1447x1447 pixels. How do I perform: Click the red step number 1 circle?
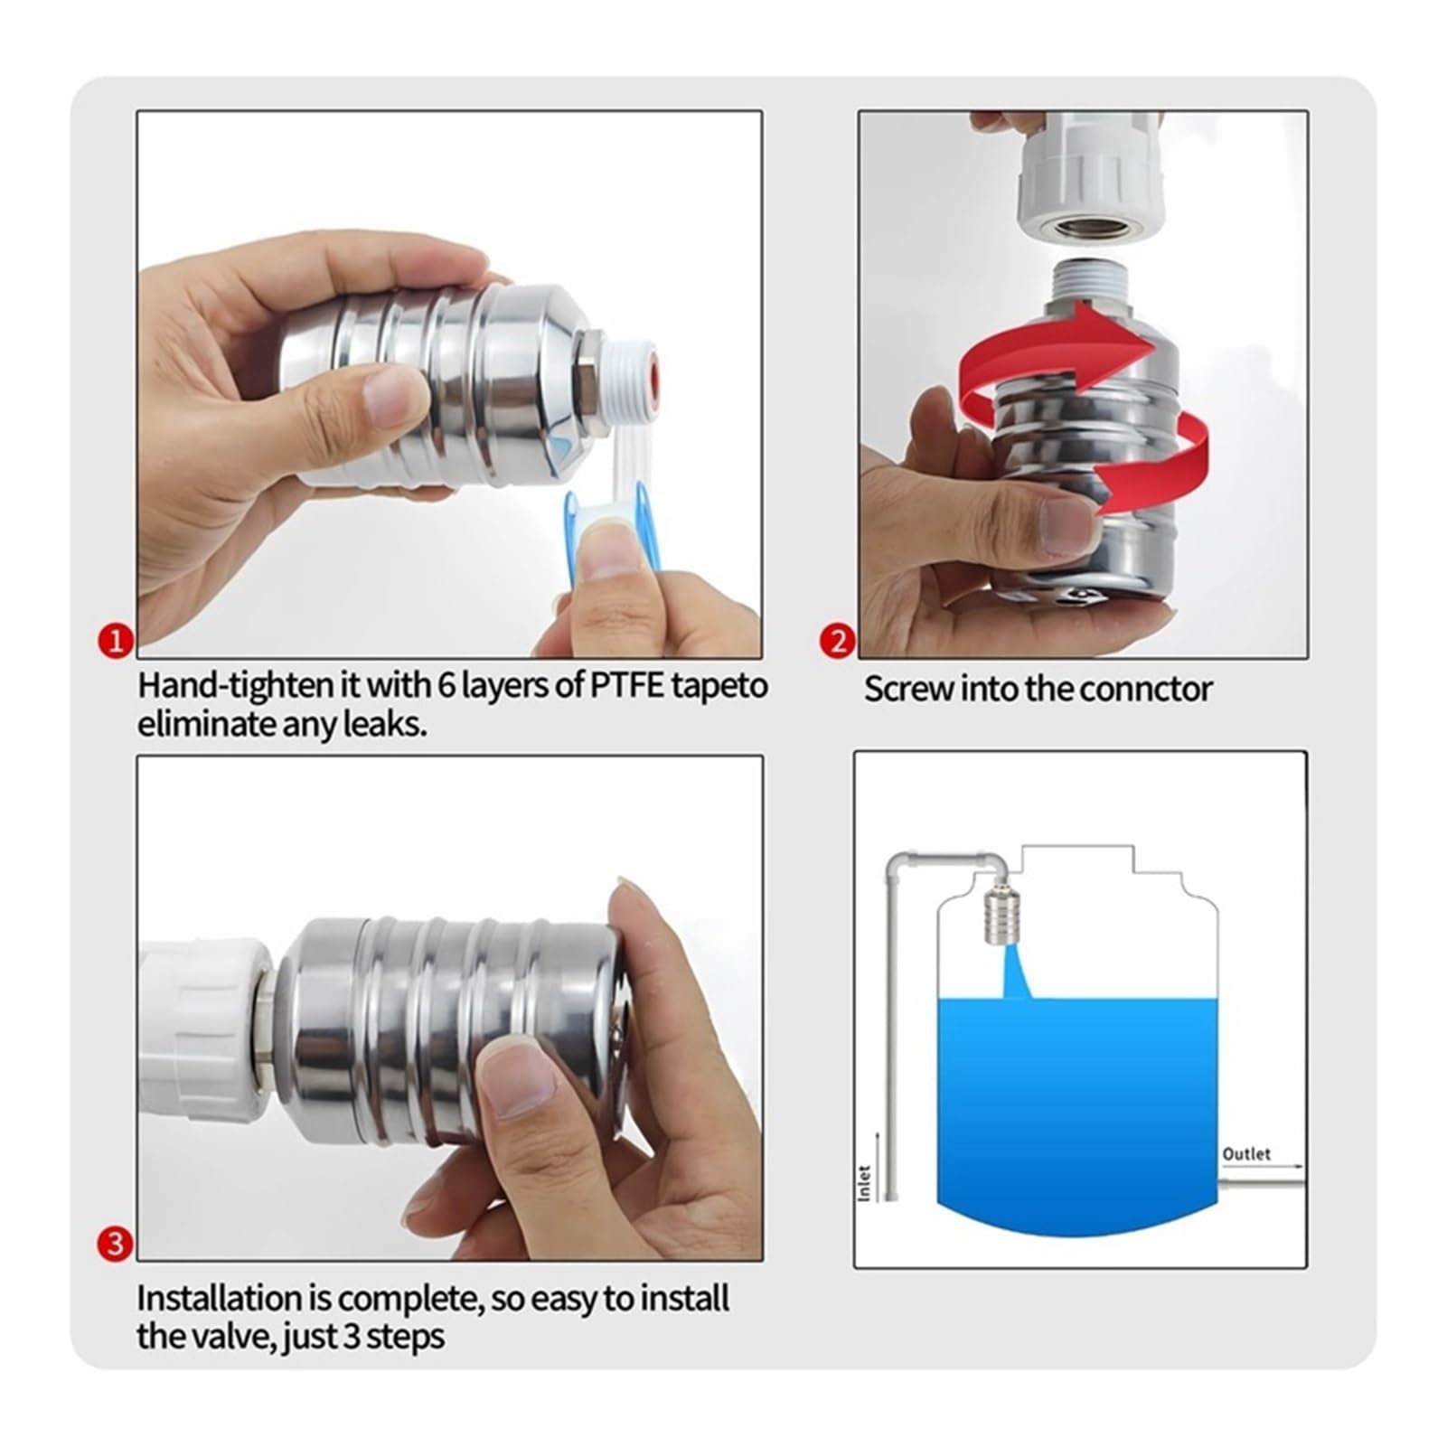click(x=115, y=642)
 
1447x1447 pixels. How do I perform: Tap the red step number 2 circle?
click(x=838, y=642)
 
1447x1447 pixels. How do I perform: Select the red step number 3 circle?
click(x=115, y=1245)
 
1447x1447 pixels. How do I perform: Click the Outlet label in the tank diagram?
click(x=1246, y=1154)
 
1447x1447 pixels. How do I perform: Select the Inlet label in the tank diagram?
click(x=864, y=1183)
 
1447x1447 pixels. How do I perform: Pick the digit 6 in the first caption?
click(x=446, y=686)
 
